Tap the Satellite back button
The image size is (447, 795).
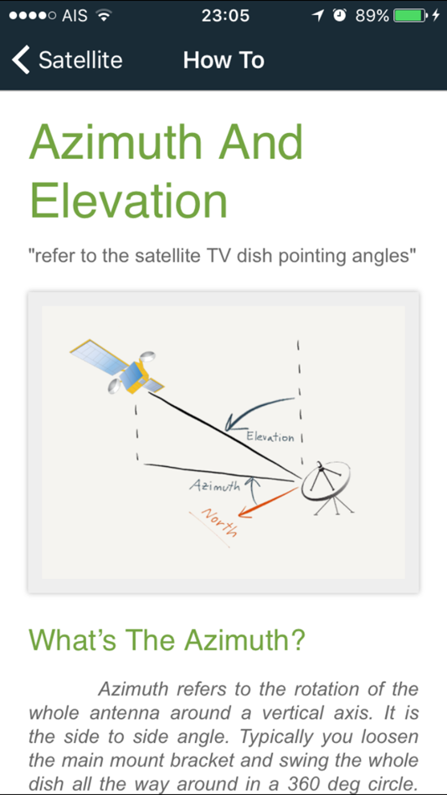pyautogui.click(x=67, y=60)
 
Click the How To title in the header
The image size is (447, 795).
pyautogui.click(x=223, y=60)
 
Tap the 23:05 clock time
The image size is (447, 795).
pyautogui.click(x=225, y=15)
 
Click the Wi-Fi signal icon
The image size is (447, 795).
pyautogui.click(x=104, y=15)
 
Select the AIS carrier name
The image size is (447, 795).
pyautogui.click(x=74, y=15)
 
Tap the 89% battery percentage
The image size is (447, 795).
pyautogui.click(x=372, y=15)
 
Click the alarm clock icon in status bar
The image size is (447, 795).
pyautogui.click(x=339, y=15)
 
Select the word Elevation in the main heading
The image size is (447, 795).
pyautogui.click(x=129, y=201)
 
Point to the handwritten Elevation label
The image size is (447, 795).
pyautogui.click(x=270, y=437)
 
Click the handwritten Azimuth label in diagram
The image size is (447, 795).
pyautogui.click(x=214, y=485)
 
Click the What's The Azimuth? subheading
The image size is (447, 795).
pyautogui.click(x=167, y=640)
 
